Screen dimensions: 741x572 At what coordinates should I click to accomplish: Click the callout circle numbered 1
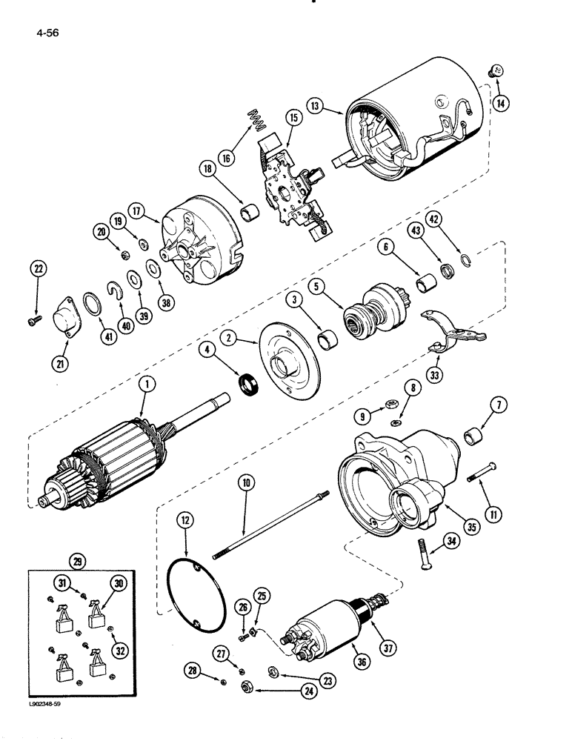click(148, 384)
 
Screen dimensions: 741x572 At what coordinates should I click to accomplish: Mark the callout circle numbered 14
click(503, 103)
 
